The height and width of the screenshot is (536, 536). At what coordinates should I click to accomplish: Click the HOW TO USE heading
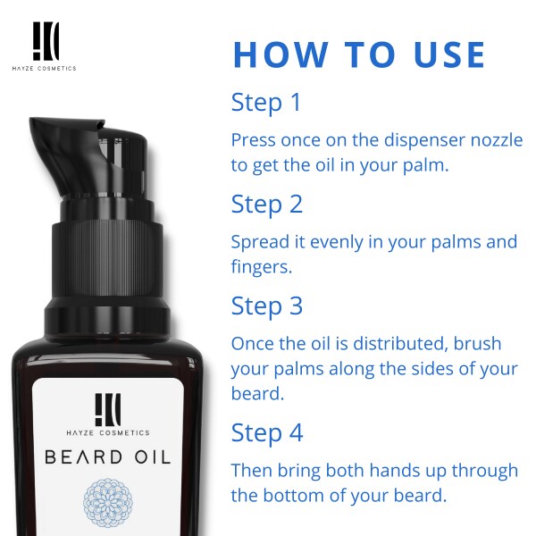[358, 54]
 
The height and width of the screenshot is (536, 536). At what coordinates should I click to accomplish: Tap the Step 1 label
[266, 103]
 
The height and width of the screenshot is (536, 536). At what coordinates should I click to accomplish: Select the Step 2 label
[267, 205]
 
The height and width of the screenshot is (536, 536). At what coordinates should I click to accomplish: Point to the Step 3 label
[267, 306]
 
